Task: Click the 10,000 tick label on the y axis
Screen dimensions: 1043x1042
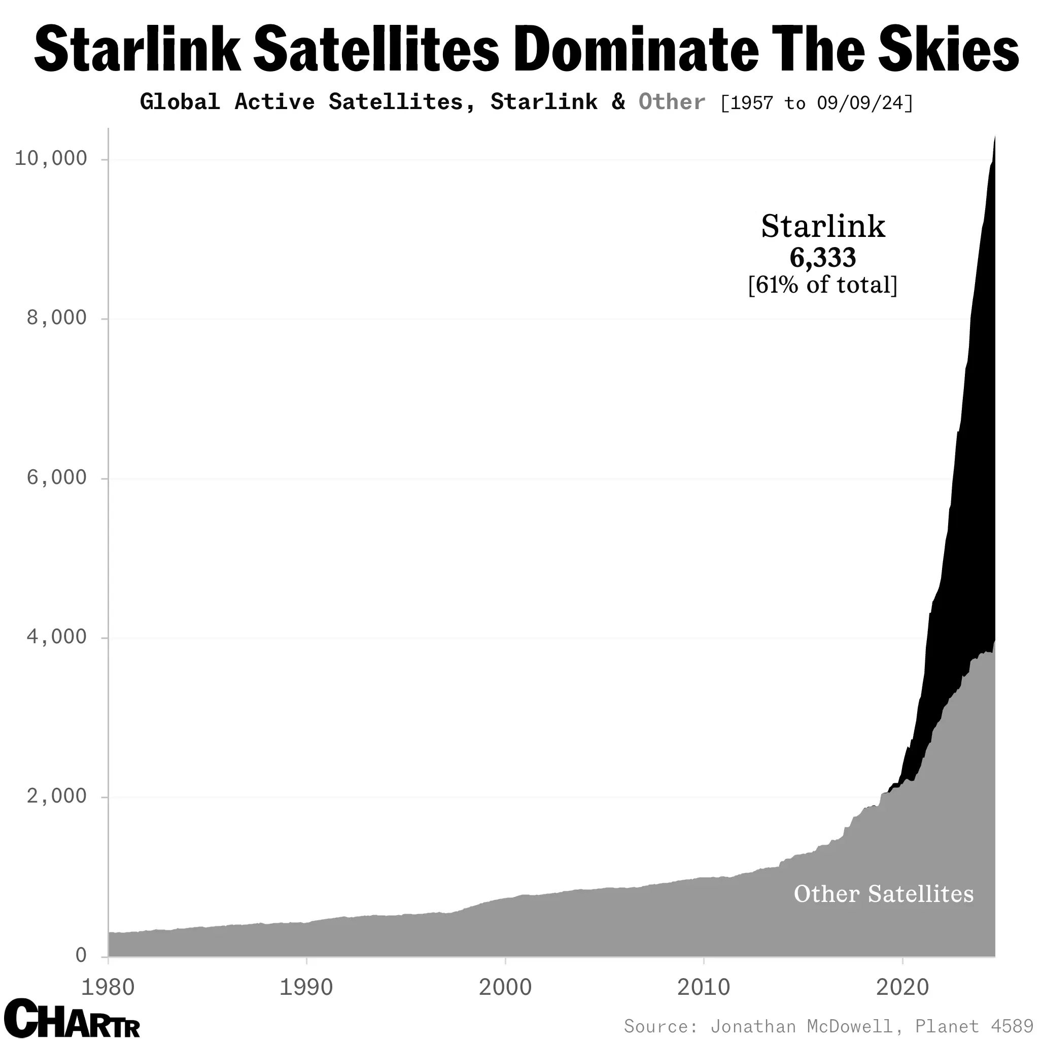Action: (x=51, y=159)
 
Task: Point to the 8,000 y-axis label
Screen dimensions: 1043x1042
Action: (x=57, y=318)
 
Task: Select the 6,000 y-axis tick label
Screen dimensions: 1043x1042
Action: (x=57, y=478)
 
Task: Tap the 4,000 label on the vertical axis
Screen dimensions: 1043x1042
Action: (x=57, y=637)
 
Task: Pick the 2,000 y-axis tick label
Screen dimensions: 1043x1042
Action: (x=57, y=796)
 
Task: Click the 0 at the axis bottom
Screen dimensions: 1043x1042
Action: (x=81, y=956)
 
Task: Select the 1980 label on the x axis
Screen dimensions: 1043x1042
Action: (x=108, y=987)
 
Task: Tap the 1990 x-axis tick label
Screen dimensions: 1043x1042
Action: (x=306, y=987)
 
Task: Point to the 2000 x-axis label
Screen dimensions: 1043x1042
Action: (x=505, y=987)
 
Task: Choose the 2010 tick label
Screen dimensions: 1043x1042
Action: (x=704, y=987)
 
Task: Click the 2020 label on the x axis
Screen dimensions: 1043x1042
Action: (x=902, y=987)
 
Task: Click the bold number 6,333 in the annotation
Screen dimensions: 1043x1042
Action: (x=822, y=258)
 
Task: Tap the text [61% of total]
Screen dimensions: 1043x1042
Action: (x=822, y=285)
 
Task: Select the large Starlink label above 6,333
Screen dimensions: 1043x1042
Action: (x=822, y=227)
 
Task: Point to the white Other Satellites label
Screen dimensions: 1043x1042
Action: (x=883, y=894)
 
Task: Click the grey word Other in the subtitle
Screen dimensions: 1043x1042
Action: (x=671, y=102)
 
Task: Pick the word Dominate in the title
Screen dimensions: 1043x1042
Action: (x=637, y=50)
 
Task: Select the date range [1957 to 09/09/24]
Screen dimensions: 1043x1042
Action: (x=816, y=102)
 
